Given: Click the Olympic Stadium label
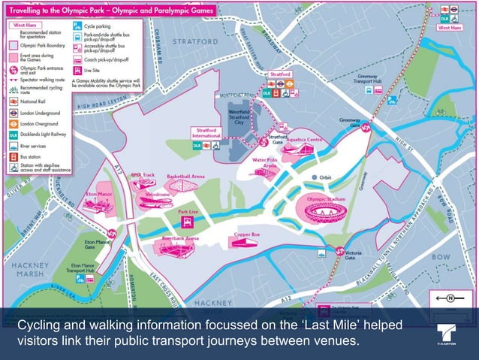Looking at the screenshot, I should (x=326, y=198).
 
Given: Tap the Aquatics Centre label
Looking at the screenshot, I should (x=305, y=139).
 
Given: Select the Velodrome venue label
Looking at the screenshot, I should (x=157, y=194).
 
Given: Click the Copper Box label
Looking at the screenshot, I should (x=246, y=234).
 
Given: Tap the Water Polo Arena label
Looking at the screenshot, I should (x=265, y=162).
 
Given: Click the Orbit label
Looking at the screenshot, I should (x=324, y=178).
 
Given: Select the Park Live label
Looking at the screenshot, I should (x=188, y=213).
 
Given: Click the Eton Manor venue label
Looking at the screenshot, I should (x=98, y=193).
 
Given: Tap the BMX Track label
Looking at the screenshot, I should (x=143, y=175).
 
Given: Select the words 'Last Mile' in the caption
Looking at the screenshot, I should (x=280, y=325).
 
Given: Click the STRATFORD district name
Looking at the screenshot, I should (x=195, y=41).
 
